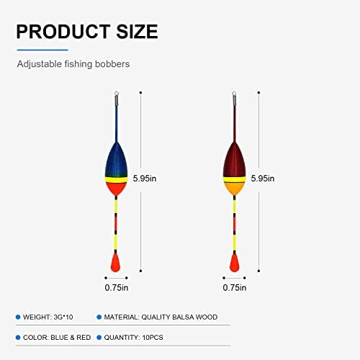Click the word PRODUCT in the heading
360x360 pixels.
coord(63,32)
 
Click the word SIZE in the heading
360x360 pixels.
coord(138,32)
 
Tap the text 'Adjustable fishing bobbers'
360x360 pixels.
coord(73,64)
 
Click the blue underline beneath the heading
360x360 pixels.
coord(42,50)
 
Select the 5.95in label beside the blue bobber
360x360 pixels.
coord(145,179)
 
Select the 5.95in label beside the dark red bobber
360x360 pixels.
coord(263,179)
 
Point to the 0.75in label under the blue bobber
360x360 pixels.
coord(117,287)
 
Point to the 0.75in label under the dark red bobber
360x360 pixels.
coord(235,287)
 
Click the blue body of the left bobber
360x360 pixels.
coord(117,160)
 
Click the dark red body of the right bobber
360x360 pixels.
coord(235,160)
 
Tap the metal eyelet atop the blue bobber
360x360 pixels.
coord(117,94)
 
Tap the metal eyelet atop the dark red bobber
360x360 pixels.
coord(235,94)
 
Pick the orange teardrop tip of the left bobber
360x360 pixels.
coord(116,263)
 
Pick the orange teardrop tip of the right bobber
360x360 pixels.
coord(234,263)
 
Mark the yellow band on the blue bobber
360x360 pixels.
coord(117,180)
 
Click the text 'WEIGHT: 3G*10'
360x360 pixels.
coord(48,317)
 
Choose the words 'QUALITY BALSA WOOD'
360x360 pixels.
coord(179,317)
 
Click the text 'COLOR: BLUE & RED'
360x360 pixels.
coord(57,338)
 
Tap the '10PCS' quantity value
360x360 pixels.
coord(153,338)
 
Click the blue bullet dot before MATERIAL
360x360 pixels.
coord(99,317)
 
